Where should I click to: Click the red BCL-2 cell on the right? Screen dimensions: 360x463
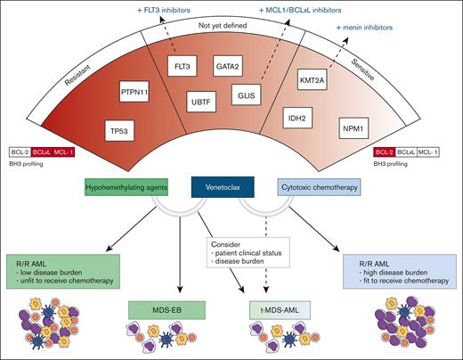[x=386, y=154]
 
